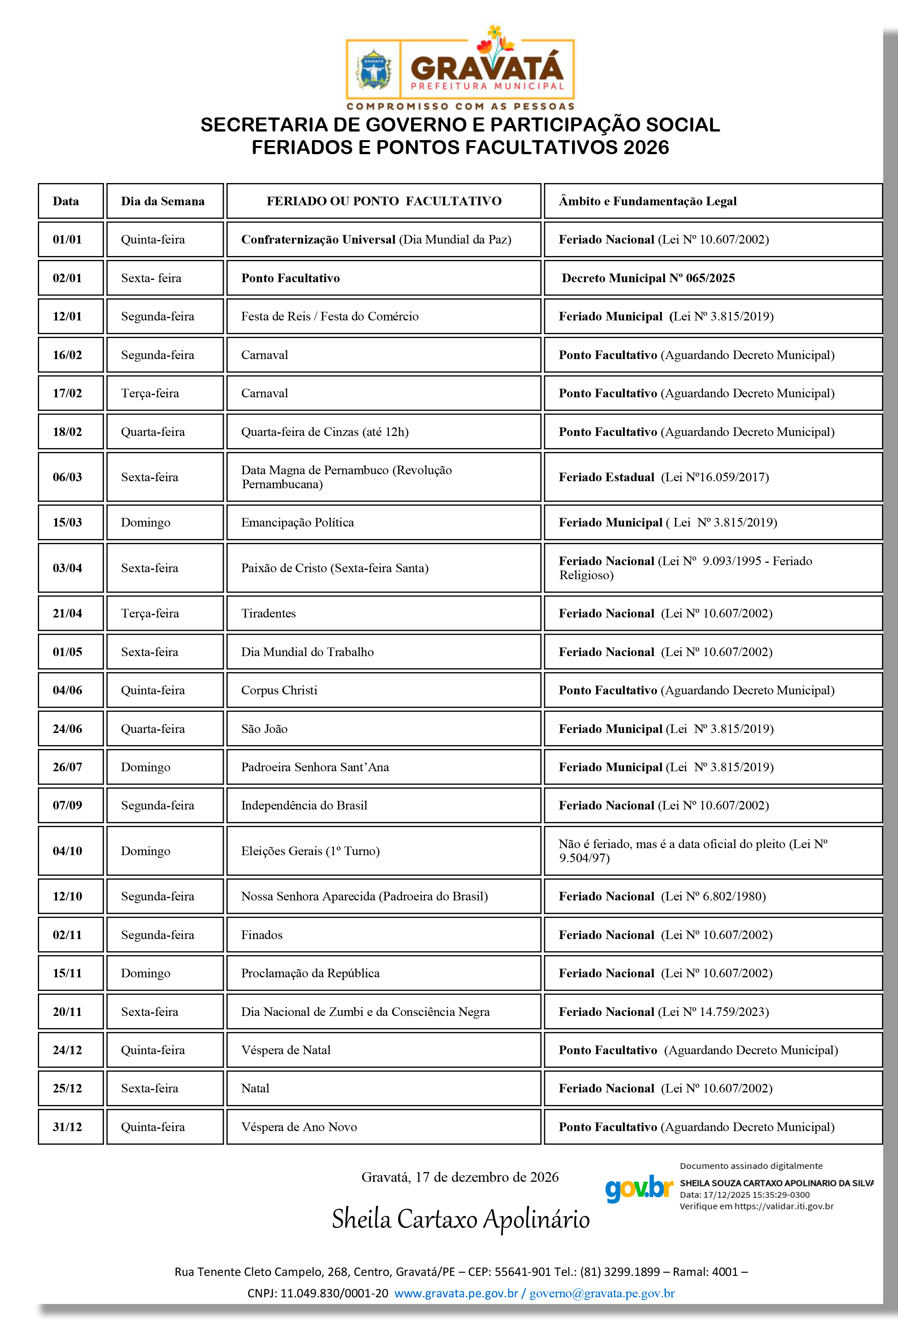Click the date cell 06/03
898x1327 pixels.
(68, 477)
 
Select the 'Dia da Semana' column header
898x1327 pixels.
(162, 201)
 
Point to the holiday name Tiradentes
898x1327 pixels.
(269, 613)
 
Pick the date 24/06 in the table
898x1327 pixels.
(68, 729)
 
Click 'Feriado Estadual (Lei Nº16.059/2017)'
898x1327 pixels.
(663, 477)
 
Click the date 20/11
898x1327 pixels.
(68, 1012)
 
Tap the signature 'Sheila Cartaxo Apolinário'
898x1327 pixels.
(460, 1220)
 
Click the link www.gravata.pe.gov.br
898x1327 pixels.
(456, 1294)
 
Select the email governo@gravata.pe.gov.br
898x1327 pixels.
(602, 1294)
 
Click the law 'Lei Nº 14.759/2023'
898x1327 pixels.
(715, 1012)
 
